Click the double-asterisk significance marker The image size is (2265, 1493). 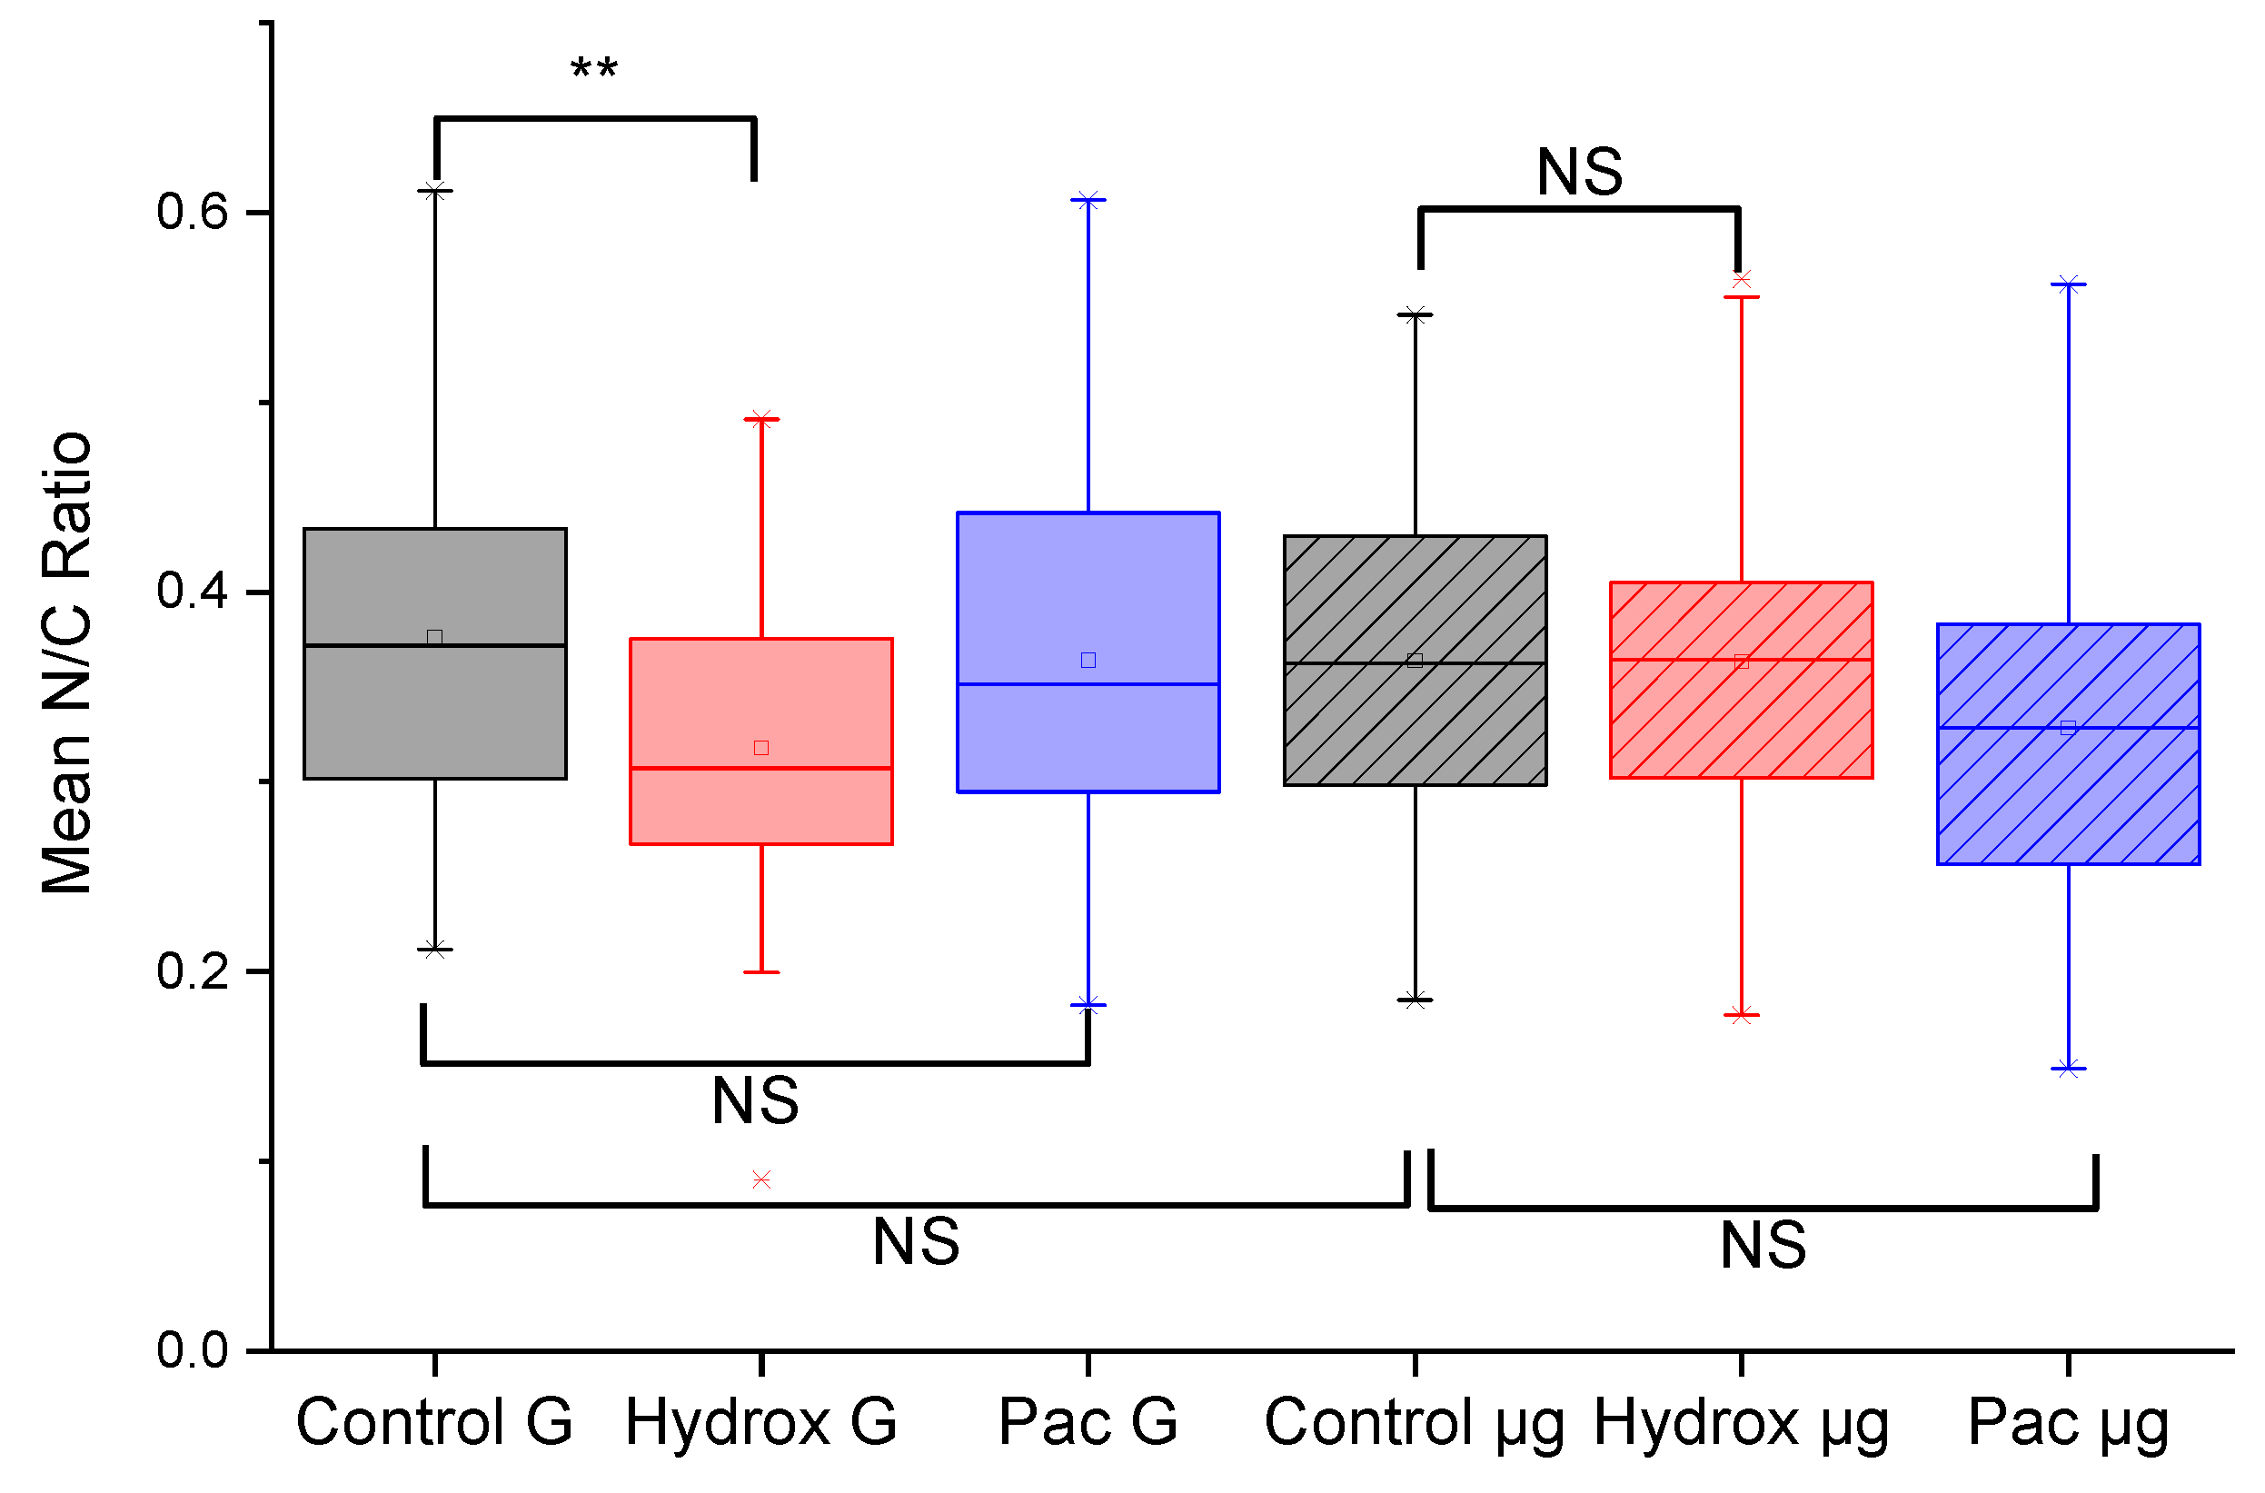[594, 69]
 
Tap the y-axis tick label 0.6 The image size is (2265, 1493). [194, 211]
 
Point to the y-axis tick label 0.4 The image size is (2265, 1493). [194, 591]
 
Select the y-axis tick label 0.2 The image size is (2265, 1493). [194, 971]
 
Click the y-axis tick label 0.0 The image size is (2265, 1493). [194, 1350]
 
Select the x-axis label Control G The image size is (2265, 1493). [434, 1422]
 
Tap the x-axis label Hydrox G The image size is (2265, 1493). [760, 1422]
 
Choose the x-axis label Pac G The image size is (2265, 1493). [1088, 1422]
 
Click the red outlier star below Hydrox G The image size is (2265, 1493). [761, 1180]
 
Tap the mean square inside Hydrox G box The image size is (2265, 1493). [761, 748]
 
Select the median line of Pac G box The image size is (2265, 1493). [1088, 683]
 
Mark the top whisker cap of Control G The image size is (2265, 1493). [435, 192]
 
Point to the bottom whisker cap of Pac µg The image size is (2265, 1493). [2069, 1069]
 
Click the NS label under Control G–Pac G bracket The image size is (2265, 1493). [756, 1100]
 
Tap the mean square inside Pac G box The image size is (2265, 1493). [1088, 660]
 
